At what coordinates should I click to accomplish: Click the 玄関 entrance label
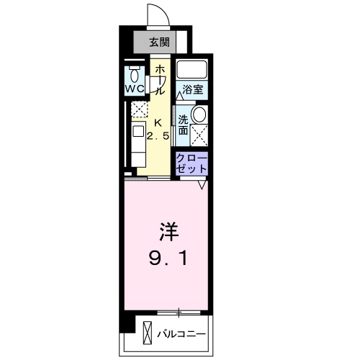(x=160, y=42)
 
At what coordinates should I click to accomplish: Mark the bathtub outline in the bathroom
(x=192, y=71)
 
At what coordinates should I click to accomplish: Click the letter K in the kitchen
(x=158, y=122)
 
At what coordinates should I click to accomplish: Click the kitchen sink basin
(x=138, y=132)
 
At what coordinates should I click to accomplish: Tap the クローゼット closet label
(x=192, y=162)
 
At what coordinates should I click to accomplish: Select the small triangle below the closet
(x=203, y=185)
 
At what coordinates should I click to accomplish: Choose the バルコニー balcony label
(x=181, y=335)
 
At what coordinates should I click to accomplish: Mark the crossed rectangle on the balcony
(x=148, y=334)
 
